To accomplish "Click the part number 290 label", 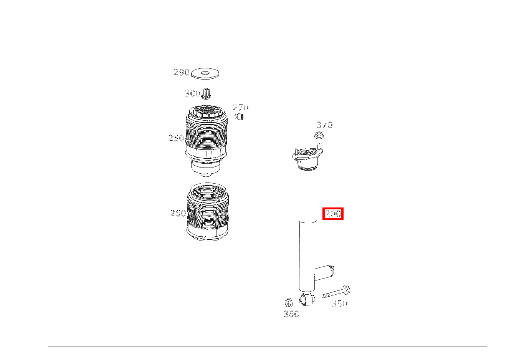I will tap(182, 72).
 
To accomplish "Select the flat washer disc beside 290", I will tap(206, 73).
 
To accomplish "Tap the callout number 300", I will tap(192, 93).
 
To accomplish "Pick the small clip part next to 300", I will tap(207, 93).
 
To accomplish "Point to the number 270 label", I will tap(241, 108).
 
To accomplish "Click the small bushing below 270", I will tap(240, 116).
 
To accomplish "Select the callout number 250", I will tap(176, 138).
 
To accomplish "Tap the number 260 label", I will tap(178, 213).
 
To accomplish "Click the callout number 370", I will tap(325, 125).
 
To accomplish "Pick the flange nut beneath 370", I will tap(318, 135).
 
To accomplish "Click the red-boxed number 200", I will tap(333, 214).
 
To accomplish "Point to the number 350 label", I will tap(340, 304).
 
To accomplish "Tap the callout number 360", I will tap(291, 314).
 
